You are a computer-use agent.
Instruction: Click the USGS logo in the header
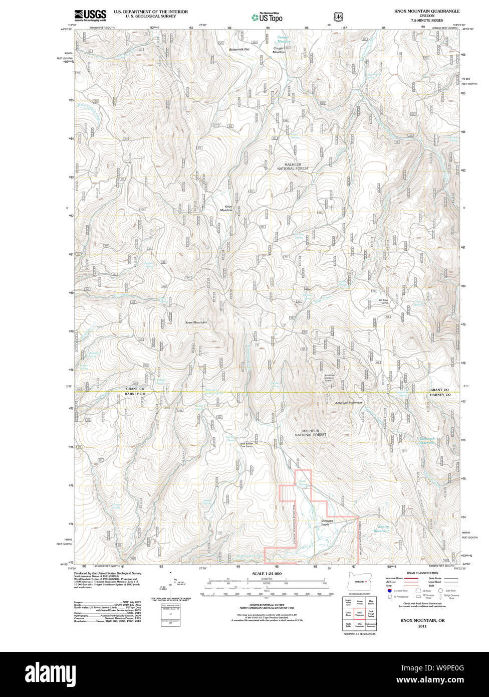(x=90, y=15)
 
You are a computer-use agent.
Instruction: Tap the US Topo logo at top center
(x=267, y=18)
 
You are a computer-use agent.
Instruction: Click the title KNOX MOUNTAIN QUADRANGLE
(x=426, y=11)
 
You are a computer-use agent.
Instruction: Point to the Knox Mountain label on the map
(x=196, y=322)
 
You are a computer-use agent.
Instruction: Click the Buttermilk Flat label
(x=239, y=50)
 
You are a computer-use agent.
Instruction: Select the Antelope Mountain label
(x=348, y=403)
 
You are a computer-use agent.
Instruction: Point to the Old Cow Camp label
(x=384, y=301)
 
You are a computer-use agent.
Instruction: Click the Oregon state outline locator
(x=359, y=582)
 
